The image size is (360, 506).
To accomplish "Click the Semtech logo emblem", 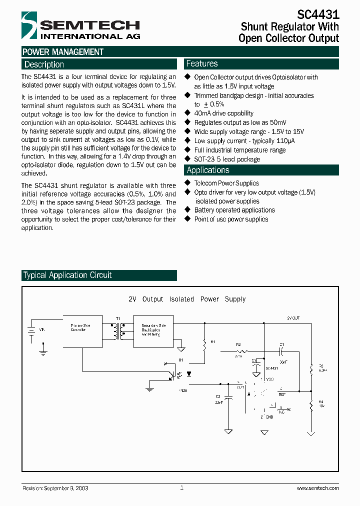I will (29, 25).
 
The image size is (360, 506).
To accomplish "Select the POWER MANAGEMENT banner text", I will (63, 52).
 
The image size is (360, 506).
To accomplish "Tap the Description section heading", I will (44, 64).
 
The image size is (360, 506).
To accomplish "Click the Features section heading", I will (202, 63).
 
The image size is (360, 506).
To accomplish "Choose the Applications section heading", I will (207, 170).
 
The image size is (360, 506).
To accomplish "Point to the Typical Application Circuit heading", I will (67, 275).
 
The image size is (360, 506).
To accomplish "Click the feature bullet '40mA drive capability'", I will (223, 113).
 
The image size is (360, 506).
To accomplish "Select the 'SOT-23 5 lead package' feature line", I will (227, 159).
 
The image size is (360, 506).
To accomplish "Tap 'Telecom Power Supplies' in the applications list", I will (226, 183).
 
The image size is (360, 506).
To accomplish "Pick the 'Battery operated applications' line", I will (234, 210).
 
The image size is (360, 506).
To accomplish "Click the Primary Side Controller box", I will (82, 331).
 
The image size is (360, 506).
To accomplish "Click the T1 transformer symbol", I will (118, 331).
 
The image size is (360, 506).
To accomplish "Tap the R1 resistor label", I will (212, 342).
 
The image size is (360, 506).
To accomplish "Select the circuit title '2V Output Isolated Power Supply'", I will (187, 299).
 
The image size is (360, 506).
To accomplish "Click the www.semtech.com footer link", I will (317, 488).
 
